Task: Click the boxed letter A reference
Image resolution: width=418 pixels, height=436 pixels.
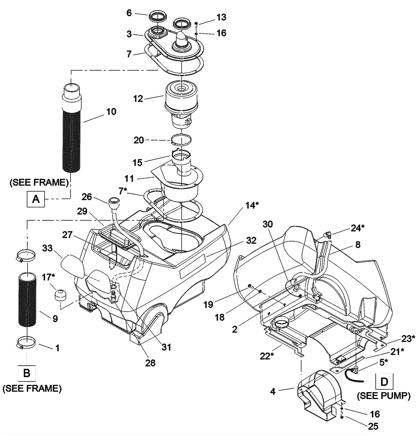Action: point(36,199)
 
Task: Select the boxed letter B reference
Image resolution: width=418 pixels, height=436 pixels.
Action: point(27,373)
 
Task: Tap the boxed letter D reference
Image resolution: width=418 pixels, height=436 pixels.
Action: point(384,382)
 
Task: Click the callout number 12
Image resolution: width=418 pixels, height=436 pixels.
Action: point(138,99)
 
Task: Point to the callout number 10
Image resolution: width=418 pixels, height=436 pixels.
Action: point(111,112)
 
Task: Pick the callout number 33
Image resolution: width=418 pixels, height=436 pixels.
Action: point(47,248)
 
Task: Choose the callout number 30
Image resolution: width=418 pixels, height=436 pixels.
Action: point(268,224)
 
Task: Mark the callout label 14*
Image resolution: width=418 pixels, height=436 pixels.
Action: point(252,205)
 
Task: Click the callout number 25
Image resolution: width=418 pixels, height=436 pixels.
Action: point(373,426)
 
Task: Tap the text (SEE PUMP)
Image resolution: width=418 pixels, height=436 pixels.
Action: point(384,396)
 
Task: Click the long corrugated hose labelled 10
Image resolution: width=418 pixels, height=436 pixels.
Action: point(71,128)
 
